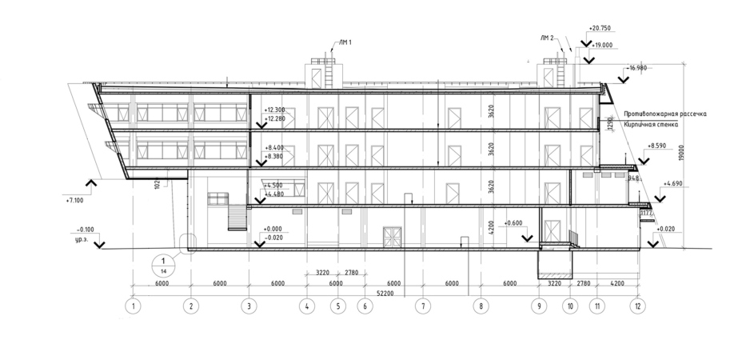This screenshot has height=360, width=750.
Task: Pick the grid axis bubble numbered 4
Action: click(x=306, y=306)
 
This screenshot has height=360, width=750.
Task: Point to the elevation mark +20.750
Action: click(x=599, y=28)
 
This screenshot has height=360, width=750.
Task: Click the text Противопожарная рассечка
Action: click(x=664, y=114)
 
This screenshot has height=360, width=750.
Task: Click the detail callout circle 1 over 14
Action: click(x=163, y=264)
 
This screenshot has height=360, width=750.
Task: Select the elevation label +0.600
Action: click(x=514, y=223)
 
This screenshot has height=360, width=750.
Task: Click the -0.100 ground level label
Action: click(x=84, y=230)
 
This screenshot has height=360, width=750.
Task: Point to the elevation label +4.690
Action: click(x=672, y=184)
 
